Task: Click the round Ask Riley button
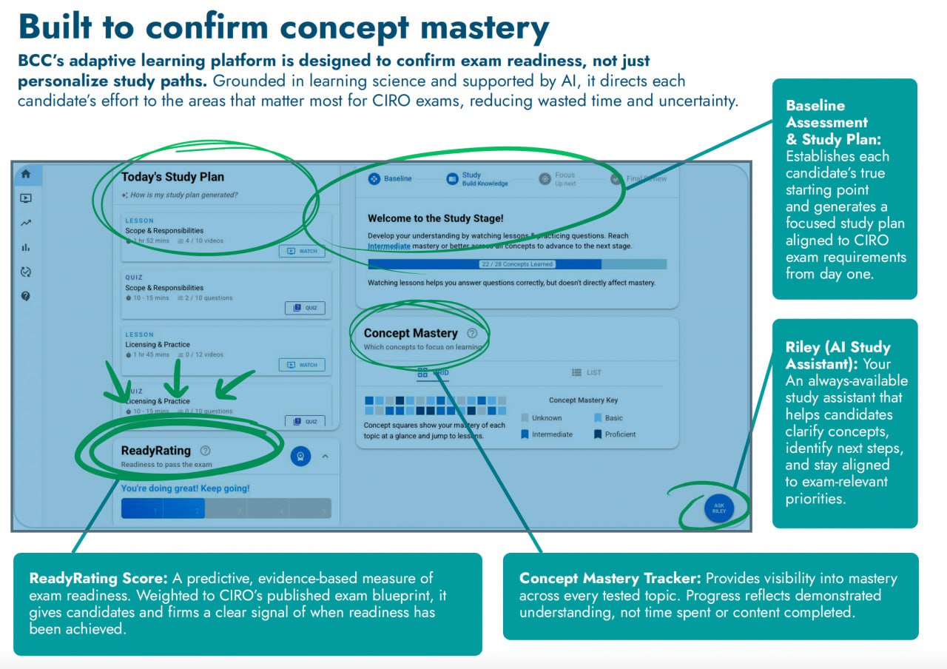tap(718, 510)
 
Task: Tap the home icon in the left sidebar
tap(26, 175)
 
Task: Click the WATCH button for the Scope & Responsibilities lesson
tap(302, 251)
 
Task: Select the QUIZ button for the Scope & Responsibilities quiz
tap(305, 308)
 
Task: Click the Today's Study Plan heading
tap(172, 177)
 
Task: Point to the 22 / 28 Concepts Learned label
tap(516, 264)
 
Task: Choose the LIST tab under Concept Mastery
tap(587, 372)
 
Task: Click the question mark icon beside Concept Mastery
tap(472, 334)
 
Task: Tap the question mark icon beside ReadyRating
tap(205, 451)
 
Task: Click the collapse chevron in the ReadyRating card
tap(325, 457)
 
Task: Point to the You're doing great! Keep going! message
tap(186, 488)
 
